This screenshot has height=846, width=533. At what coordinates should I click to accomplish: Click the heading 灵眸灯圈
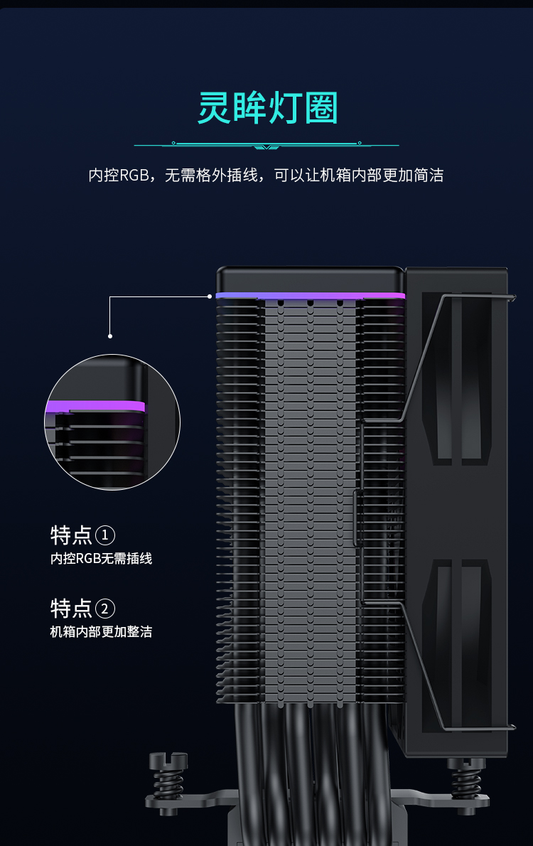[x=268, y=107]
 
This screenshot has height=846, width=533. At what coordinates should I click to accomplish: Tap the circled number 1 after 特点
[x=104, y=535]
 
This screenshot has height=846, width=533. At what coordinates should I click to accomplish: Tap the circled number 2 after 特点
[x=104, y=609]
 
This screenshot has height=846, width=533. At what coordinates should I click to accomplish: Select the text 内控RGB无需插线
[x=101, y=558]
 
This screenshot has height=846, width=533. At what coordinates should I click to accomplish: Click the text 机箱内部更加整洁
[x=101, y=632]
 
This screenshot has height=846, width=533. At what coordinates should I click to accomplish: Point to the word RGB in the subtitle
[x=134, y=176]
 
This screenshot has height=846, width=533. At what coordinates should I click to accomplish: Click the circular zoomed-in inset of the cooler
[x=112, y=422]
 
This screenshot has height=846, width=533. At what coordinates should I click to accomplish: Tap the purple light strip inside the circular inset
[x=95, y=406]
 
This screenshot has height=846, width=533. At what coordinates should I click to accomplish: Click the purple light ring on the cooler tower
[x=310, y=296]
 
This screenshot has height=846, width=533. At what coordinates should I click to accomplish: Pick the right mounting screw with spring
[x=466, y=779]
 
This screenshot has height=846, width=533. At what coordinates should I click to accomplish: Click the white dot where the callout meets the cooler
[x=210, y=296]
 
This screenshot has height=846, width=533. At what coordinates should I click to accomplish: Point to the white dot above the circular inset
[x=110, y=336]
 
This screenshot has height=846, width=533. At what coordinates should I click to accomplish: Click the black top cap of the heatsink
[x=310, y=279]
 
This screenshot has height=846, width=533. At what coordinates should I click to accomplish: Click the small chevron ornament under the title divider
[x=266, y=146]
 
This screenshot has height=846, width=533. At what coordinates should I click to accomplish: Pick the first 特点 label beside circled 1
[x=71, y=535]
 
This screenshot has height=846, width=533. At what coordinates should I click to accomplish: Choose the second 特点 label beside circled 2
[x=71, y=609]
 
